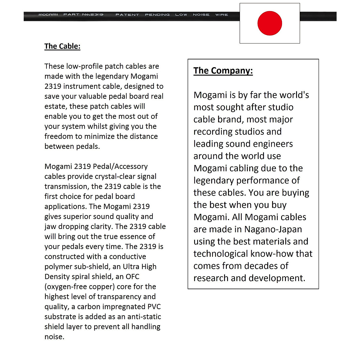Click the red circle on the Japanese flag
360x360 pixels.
pyautogui.click(x=270, y=23)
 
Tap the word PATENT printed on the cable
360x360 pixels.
pyautogui.click(x=127, y=15)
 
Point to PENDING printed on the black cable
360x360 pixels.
pyautogui.click(x=157, y=15)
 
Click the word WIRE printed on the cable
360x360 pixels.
pyautogui.click(x=221, y=15)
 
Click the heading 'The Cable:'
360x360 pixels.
pyautogui.click(x=62, y=46)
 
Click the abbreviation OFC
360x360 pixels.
pyautogui.click(x=133, y=277)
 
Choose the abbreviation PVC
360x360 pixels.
pyautogui.click(x=154, y=307)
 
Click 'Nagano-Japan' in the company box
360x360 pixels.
pyautogui.click(x=273, y=229)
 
